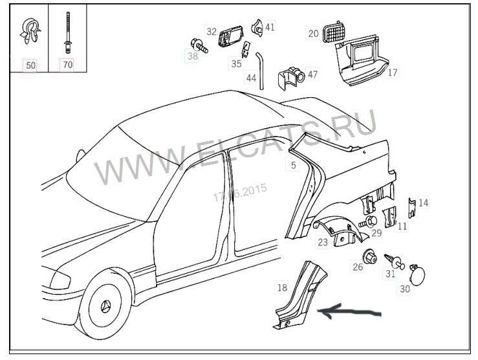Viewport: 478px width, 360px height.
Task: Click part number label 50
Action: tap(30, 65)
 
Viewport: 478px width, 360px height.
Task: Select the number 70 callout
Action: tap(67, 65)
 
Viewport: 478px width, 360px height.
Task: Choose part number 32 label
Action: tap(212, 31)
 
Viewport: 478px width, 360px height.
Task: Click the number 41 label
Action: tap(270, 27)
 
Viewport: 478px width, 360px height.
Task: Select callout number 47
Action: tap(312, 74)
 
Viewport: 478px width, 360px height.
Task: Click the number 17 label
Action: tap(393, 73)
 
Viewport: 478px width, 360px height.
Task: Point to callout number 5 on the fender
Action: tap(293, 165)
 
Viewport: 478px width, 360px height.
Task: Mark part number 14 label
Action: tap(423, 203)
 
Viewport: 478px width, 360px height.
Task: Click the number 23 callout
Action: tap(322, 242)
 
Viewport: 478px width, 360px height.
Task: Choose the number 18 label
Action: tap(281, 287)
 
